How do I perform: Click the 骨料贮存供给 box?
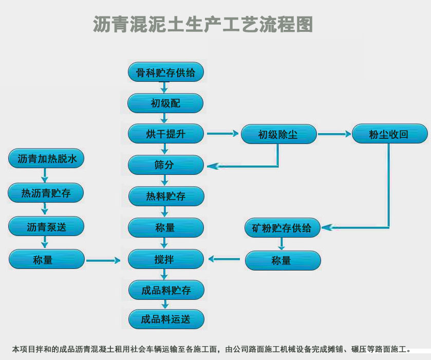[165, 73]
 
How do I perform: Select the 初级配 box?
[165, 103]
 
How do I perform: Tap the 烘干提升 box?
[165, 134]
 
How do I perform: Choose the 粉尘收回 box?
[389, 135]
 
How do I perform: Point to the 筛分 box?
[165, 165]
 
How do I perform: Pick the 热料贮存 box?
[165, 196]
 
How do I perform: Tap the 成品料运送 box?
[165, 319]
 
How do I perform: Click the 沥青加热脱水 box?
[46, 159]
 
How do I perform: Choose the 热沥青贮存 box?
[46, 193]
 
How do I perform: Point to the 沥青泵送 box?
[46, 226]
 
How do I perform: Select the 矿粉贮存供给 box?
[282, 228]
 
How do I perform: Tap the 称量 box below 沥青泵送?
[46, 260]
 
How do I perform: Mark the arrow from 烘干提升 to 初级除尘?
[222, 134]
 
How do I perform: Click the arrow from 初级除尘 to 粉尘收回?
[334, 134]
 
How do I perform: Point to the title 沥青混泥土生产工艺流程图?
[203, 24]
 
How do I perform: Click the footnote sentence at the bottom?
[215, 350]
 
